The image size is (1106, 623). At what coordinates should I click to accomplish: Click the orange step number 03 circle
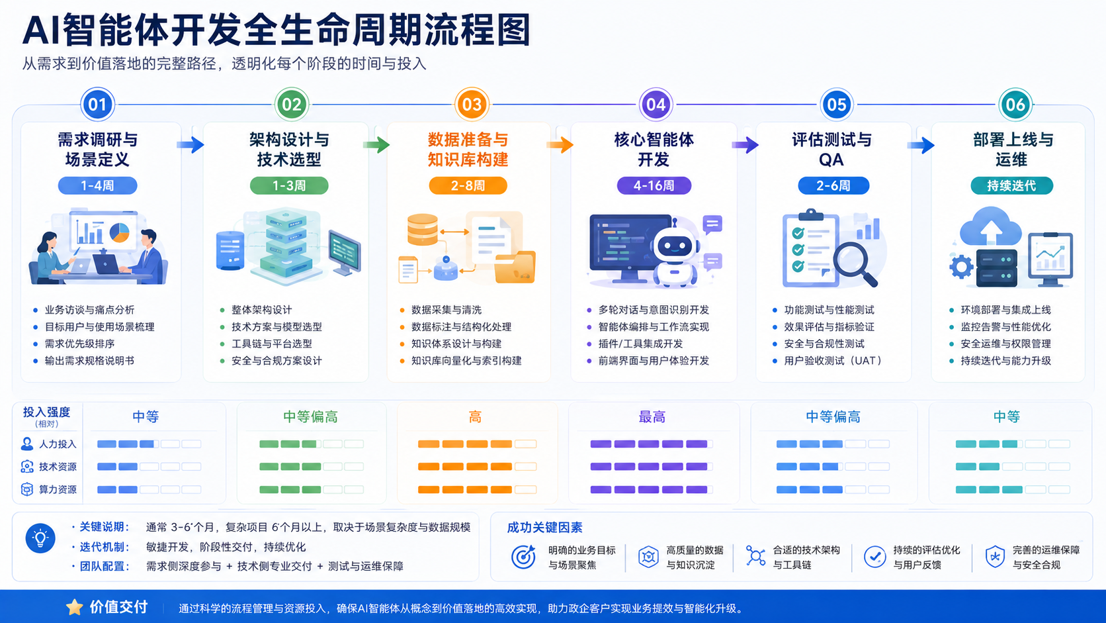pyautogui.click(x=472, y=104)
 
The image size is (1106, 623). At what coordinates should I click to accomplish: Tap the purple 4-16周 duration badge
pyautogui.click(x=654, y=186)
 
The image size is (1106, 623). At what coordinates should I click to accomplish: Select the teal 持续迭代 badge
pyautogui.click(x=1011, y=186)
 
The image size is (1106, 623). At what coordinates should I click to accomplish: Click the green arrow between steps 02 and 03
pyautogui.click(x=376, y=145)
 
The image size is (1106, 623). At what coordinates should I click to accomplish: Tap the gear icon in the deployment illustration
pyautogui.click(x=961, y=267)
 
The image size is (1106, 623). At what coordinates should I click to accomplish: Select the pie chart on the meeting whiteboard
pyautogui.click(x=119, y=232)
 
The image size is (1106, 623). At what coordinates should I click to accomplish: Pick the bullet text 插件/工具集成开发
pyautogui.click(x=640, y=344)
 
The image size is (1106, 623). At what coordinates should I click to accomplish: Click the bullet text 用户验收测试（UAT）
pyautogui.click(x=832, y=361)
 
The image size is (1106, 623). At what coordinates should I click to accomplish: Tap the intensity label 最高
pyautogui.click(x=652, y=417)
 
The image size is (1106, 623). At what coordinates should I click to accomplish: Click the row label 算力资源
pyautogui.click(x=58, y=490)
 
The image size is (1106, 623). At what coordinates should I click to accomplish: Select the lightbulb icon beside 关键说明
pyautogui.click(x=40, y=538)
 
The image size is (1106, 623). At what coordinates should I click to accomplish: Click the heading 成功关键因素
pyautogui.click(x=544, y=528)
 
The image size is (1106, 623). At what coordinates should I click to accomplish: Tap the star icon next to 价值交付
pyautogui.click(x=75, y=607)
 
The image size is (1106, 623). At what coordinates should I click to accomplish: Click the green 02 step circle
pyautogui.click(x=291, y=104)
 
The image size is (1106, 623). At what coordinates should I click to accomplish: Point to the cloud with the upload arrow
pyautogui.click(x=990, y=227)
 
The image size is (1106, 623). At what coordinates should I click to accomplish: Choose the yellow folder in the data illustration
pyautogui.click(x=515, y=267)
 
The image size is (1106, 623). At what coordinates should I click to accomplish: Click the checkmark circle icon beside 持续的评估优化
pyautogui.click(x=874, y=557)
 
